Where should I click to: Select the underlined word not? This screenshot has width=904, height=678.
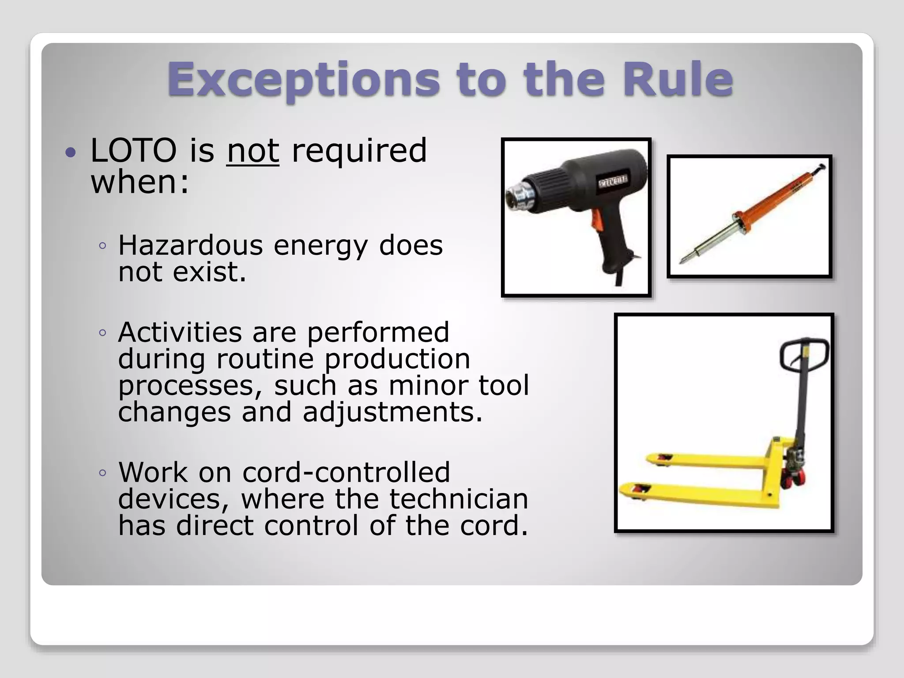click(252, 151)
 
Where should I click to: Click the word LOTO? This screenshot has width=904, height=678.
click(133, 151)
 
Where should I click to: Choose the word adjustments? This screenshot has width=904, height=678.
click(392, 412)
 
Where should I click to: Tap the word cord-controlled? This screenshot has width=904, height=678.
click(346, 472)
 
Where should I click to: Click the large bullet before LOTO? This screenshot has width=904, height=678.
click(70, 153)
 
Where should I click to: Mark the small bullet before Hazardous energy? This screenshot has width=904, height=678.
click(103, 246)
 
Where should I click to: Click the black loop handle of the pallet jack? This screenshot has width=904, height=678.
click(803, 353)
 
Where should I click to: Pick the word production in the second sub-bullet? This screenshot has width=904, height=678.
click(397, 359)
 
